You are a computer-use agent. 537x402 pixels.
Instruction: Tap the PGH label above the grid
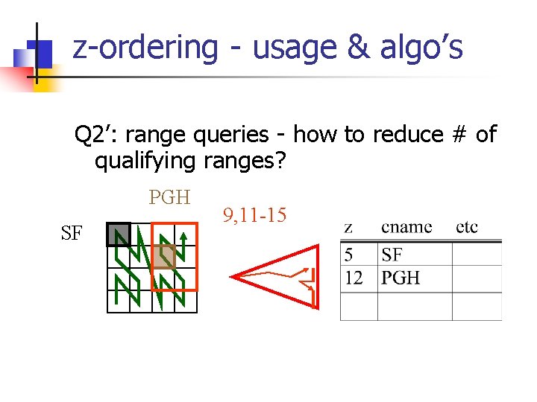169,197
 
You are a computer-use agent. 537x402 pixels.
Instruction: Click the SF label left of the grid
72,234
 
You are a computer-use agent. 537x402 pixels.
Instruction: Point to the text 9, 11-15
254,216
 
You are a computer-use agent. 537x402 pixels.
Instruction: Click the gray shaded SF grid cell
119,234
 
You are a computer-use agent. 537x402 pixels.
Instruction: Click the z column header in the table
348,227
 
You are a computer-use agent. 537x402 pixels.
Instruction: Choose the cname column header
406,227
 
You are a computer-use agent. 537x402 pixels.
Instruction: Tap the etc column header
467,227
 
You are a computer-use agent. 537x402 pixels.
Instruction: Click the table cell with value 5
349,255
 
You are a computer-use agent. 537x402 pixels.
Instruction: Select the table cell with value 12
354,278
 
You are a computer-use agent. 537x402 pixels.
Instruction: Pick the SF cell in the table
392,255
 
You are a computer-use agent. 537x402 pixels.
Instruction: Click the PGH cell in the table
401,278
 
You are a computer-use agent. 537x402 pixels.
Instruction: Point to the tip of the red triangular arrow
232,277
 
